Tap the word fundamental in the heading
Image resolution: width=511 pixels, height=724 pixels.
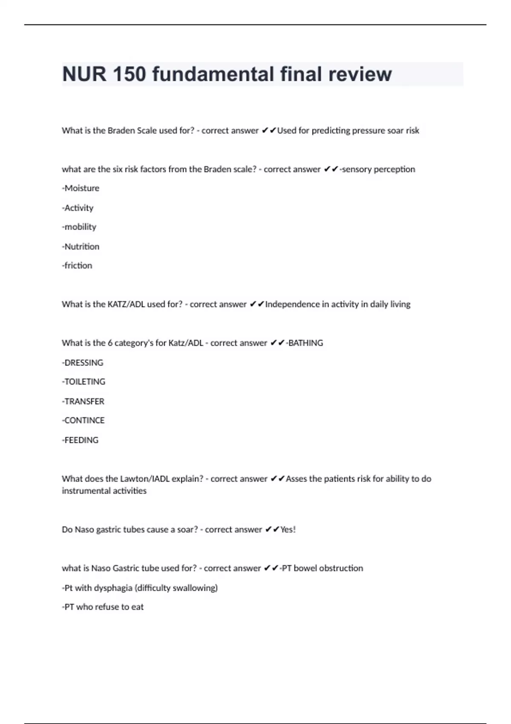[213, 74]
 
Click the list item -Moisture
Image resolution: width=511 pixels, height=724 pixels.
[80, 188]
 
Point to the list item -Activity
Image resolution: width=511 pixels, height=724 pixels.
[78, 208]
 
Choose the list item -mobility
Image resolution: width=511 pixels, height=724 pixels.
[79, 227]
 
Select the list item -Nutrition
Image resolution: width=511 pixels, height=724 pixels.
[80, 247]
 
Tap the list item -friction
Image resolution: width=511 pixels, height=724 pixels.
[77, 266]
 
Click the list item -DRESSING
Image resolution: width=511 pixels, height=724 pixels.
[83, 363]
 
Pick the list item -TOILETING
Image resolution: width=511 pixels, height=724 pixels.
[83, 382]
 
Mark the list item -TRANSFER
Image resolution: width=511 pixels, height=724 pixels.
[83, 402]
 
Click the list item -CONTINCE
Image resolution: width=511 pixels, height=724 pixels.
[83, 421]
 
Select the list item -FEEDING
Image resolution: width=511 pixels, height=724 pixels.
[80, 440]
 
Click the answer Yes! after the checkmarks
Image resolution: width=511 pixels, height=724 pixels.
[288, 530]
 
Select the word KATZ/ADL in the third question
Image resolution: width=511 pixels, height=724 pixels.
[126, 305]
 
